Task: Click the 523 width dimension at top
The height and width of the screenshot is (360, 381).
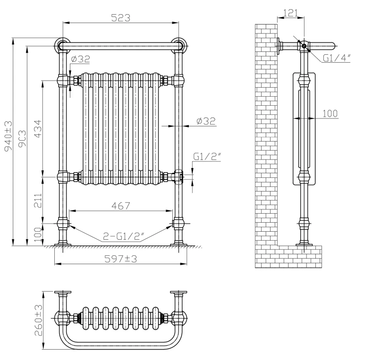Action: click(120, 18)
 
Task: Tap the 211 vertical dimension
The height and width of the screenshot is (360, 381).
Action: click(38, 200)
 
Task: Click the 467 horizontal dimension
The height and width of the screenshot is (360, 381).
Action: click(120, 206)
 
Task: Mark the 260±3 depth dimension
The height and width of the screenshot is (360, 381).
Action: click(38, 320)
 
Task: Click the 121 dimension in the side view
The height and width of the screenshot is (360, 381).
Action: click(290, 13)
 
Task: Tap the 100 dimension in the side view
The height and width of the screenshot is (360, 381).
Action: click(330, 113)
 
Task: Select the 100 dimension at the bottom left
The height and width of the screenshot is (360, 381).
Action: click(38, 233)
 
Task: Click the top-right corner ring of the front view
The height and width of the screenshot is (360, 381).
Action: click(178, 45)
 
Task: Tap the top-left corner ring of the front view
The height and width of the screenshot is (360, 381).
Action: click(62, 45)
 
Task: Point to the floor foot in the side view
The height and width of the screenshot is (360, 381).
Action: click(304, 244)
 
